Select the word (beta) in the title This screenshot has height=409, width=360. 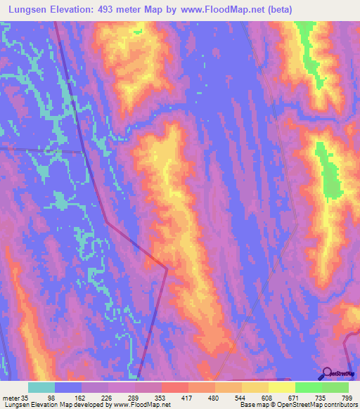pyautogui.click(x=276, y=9)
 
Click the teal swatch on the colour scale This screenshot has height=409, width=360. pyautogui.click(x=41, y=387)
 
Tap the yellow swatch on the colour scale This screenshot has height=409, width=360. pyautogui.click(x=281, y=387)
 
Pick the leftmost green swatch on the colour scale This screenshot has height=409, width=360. pyautogui.click(x=308, y=387)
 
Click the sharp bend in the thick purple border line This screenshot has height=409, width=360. pyautogui.click(x=167, y=267)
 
